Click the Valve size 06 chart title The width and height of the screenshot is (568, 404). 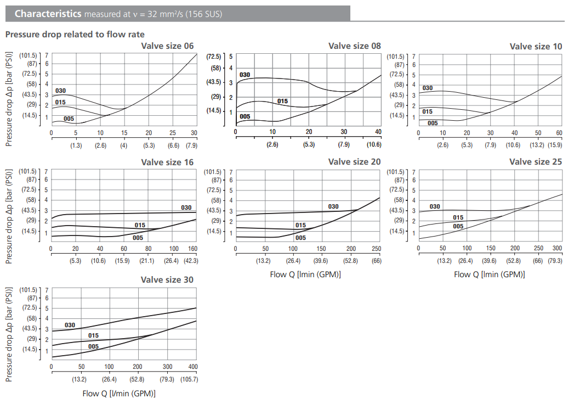[167, 46]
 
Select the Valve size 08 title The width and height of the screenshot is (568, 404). [354, 46]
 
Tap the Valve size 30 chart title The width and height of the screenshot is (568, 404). [167, 280]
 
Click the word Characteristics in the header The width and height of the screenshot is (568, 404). [48, 14]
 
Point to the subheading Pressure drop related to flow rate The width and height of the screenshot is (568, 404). [75, 35]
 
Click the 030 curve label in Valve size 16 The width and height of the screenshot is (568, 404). [186, 207]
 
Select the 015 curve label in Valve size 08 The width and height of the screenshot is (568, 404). [282, 101]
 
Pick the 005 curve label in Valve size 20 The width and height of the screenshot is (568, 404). [300, 238]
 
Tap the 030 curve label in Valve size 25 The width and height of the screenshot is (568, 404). [435, 206]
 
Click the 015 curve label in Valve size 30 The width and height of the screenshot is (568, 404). [93, 335]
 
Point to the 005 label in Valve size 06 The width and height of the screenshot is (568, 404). [69, 119]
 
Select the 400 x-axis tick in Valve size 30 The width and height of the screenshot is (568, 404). [192, 367]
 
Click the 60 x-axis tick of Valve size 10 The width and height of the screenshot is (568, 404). [559, 133]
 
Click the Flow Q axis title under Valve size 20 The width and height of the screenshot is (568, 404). [305, 274]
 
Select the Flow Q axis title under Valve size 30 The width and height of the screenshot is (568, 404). [119, 393]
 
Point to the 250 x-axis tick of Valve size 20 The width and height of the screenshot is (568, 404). [376, 249]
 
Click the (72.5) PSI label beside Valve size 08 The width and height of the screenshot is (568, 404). [214, 57]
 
